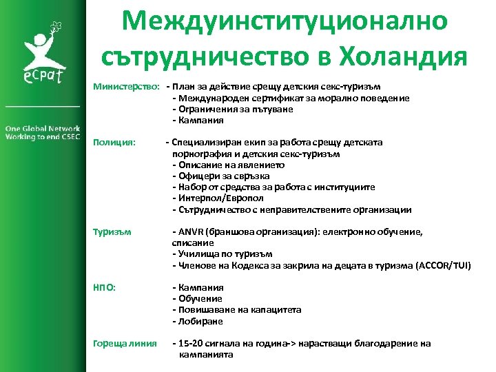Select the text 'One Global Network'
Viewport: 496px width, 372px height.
click(43, 128)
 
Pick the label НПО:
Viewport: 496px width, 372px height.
click(104, 287)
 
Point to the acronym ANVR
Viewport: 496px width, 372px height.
click(192, 232)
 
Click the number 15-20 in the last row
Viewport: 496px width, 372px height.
click(191, 343)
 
